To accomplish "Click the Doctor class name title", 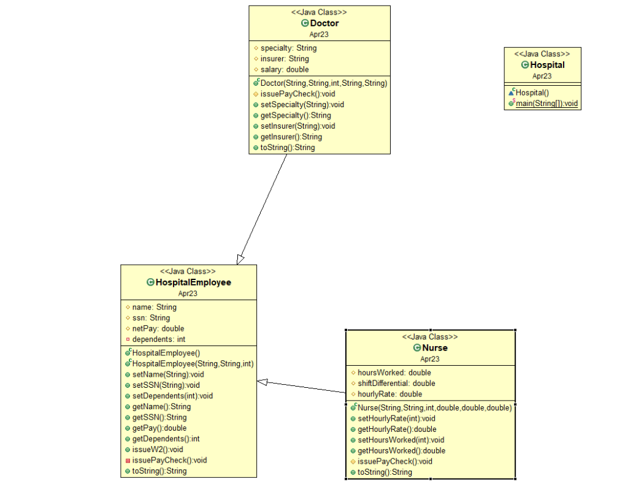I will pyautogui.click(x=324, y=23).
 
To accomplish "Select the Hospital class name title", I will pyautogui.click(x=547, y=65).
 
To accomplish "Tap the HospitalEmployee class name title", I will pyautogui.click(x=193, y=282).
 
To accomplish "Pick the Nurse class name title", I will pyautogui.click(x=435, y=348).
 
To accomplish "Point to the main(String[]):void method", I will pyautogui.click(x=546, y=104).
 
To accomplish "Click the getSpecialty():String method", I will pyautogui.click(x=296, y=115).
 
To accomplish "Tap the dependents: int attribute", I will pyautogui.click(x=159, y=339).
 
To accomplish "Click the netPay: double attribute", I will pyautogui.click(x=158, y=328).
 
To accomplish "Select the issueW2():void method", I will pyautogui.click(x=158, y=449).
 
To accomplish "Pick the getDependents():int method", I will pyautogui.click(x=166, y=439).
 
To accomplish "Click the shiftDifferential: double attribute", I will pyautogui.click(x=396, y=384).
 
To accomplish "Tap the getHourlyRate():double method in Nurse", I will pyautogui.click(x=397, y=429).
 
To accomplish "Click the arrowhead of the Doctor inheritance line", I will pyautogui.click(x=241, y=259).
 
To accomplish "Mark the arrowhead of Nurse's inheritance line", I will pyautogui.click(x=262, y=382).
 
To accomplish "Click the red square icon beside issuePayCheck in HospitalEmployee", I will pyautogui.click(x=128, y=460).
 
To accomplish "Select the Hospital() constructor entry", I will pyautogui.click(x=532, y=93).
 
